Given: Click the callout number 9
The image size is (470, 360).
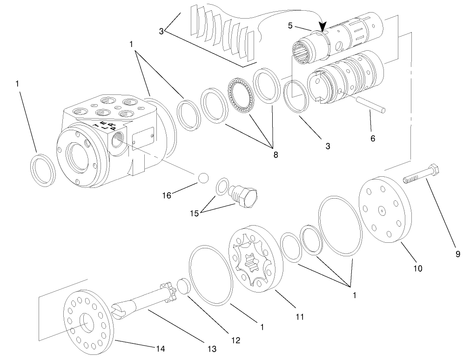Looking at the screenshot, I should pos(457,254).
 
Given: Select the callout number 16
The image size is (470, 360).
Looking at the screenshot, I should pos(167,195).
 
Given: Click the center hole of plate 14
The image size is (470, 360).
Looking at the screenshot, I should pos(87,322).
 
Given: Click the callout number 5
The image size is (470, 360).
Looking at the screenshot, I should pos(290,26).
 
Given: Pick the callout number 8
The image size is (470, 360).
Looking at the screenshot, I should pos(275,154).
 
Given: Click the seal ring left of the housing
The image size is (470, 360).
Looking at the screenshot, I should pos(43,170).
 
